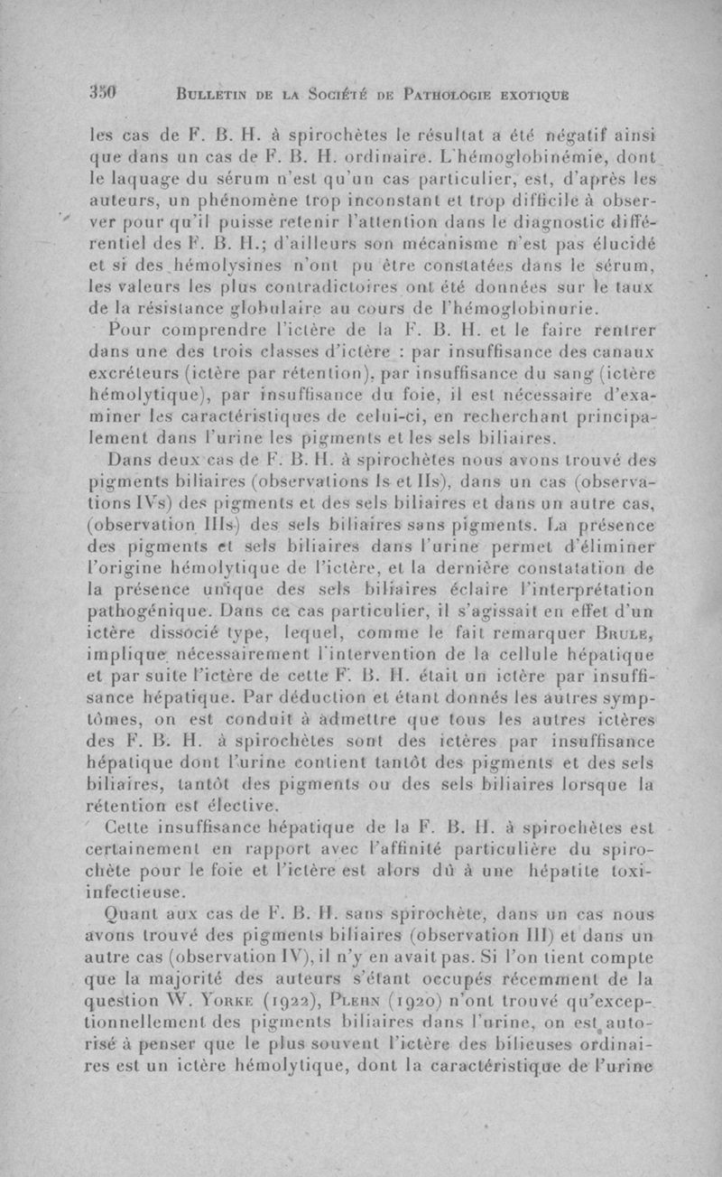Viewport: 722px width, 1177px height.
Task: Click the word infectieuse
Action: pyautogui.click(x=133, y=891)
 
